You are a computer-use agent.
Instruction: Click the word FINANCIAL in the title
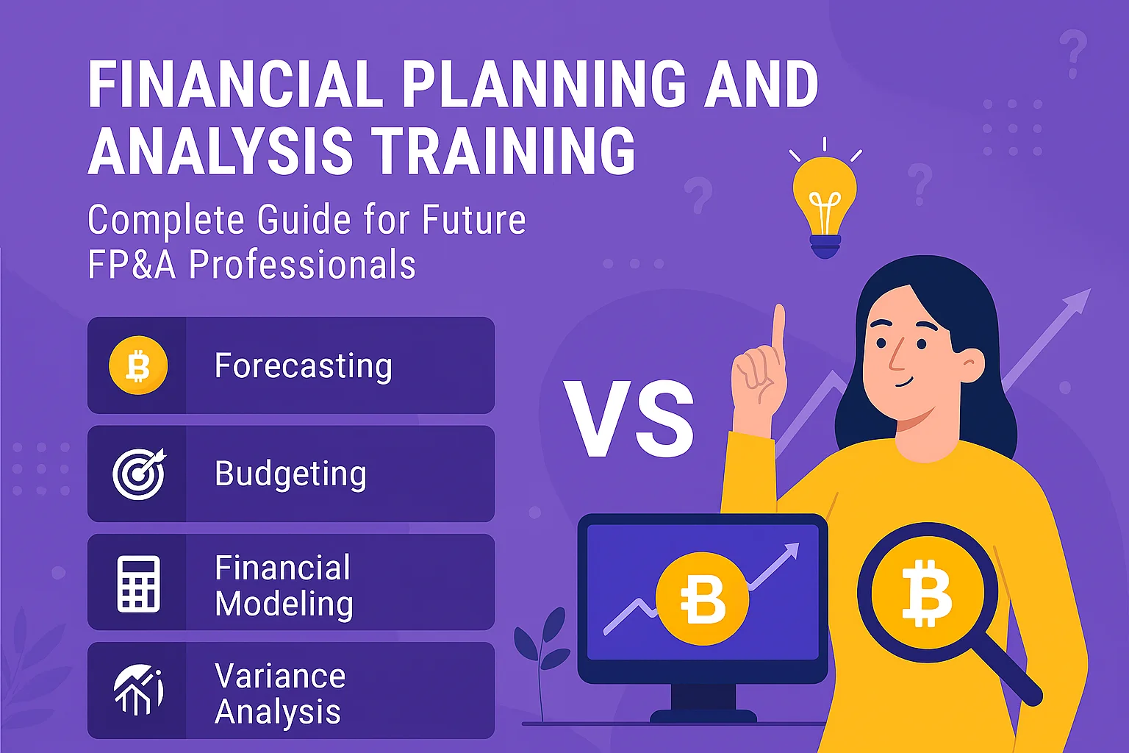click(x=236, y=85)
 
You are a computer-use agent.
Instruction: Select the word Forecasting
click(x=303, y=366)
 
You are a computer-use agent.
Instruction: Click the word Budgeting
click(x=290, y=474)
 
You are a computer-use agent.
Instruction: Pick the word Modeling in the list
click(x=284, y=604)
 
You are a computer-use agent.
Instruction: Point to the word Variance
click(x=280, y=676)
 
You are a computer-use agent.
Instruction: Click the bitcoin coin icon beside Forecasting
click(x=138, y=365)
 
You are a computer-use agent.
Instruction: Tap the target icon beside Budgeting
click(x=139, y=474)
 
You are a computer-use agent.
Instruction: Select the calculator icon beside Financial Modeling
click(x=138, y=583)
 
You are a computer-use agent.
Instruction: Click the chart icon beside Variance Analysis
click(x=138, y=690)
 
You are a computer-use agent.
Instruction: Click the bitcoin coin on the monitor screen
click(x=702, y=599)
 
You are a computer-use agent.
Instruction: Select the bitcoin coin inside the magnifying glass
click(x=927, y=593)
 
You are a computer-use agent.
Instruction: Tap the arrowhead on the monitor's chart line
click(x=792, y=549)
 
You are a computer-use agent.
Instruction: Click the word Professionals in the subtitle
click(x=302, y=265)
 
